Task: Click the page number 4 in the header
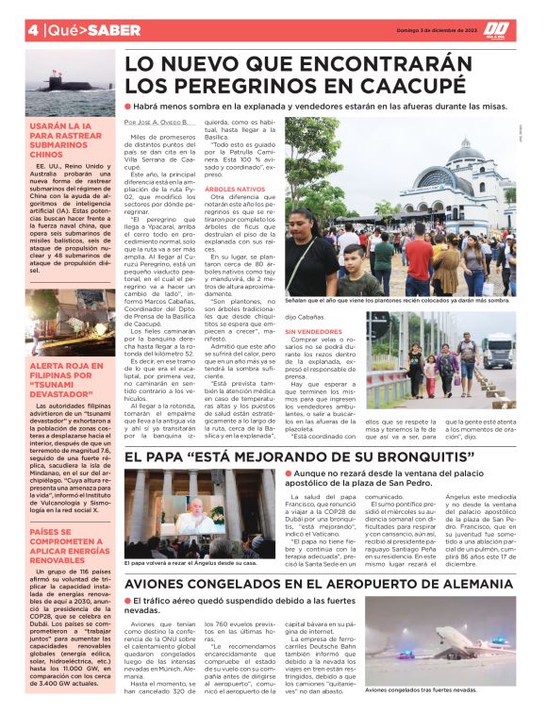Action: pos(32,30)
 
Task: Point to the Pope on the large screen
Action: pos(200,512)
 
